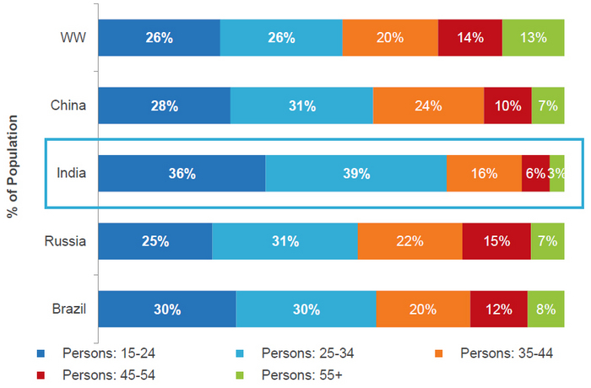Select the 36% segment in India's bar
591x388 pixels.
point(182,174)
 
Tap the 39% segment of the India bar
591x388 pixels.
point(356,174)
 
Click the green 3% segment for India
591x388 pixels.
point(557,174)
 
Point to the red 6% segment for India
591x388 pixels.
point(535,174)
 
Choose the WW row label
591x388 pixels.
point(74,38)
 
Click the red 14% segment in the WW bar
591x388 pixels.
point(470,38)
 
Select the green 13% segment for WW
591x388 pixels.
point(534,38)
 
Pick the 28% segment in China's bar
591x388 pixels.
point(165,105)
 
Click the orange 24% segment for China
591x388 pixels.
point(428,105)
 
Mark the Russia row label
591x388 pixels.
point(66,241)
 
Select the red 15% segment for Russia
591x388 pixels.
point(496,241)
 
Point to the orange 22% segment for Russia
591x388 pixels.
point(409,241)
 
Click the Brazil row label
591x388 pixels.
point(68,309)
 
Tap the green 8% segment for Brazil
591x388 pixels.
point(546,309)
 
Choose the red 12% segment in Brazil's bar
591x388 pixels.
point(499,309)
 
